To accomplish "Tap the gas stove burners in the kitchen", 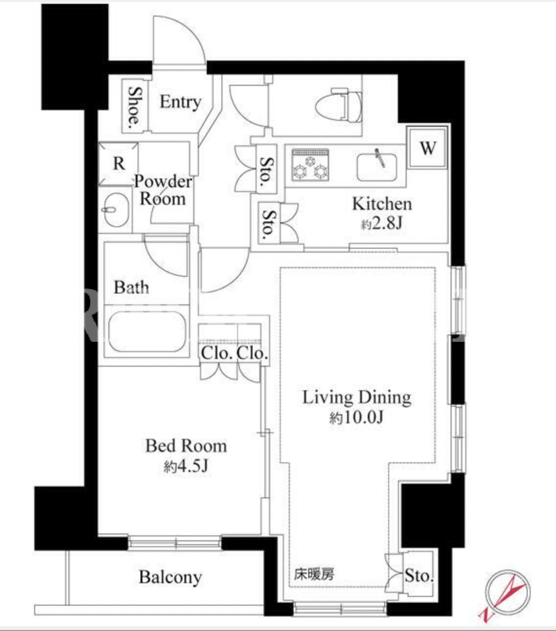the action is [x=310, y=165].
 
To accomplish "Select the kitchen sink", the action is [x=377, y=166].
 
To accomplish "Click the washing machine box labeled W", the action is [x=428, y=148].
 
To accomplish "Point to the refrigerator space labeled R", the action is [x=119, y=164].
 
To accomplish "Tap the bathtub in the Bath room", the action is [x=147, y=332].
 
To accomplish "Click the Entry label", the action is [x=180, y=102].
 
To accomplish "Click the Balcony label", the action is [x=170, y=577].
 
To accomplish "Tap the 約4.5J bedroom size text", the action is [x=186, y=466].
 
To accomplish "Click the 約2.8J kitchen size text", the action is [x=381, y=223].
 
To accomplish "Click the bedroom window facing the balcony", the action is [x=175, y=543].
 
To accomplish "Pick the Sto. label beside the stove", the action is [x=267, y=169].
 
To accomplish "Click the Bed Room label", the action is [x=186, y=446].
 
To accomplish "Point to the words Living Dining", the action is [x=357, y=398].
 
